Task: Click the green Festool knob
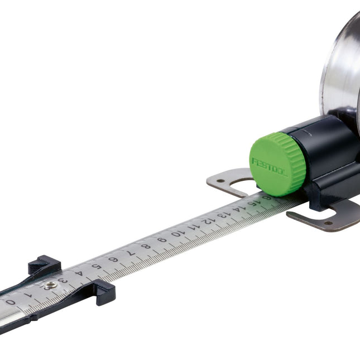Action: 277,164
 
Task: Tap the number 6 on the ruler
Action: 113,260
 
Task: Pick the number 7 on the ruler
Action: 129,253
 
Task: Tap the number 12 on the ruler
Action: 208,222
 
